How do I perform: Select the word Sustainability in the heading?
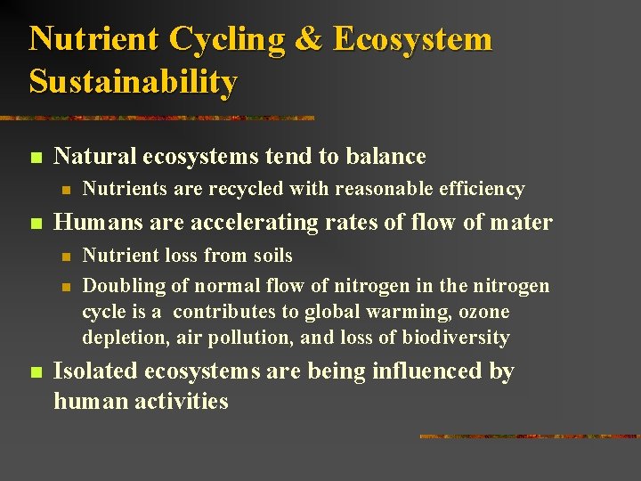pos(134,82)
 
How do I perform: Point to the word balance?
pos(385,157)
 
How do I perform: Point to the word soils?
pos(272,256)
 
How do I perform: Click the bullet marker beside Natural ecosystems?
pos(35,158)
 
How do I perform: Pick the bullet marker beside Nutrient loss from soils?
pos(64,257)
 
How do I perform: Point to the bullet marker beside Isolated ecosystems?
pos(35,372)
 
